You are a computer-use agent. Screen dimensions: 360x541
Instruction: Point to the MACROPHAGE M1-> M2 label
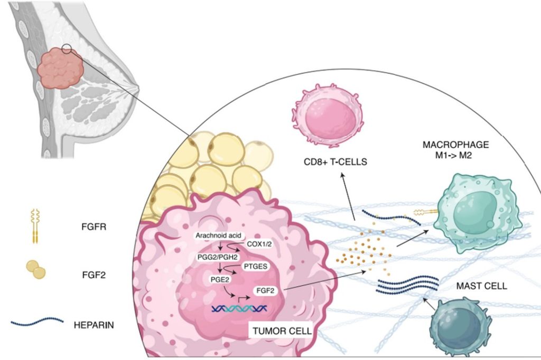[455, 150]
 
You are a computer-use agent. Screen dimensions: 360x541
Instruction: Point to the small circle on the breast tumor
[67, 50]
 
